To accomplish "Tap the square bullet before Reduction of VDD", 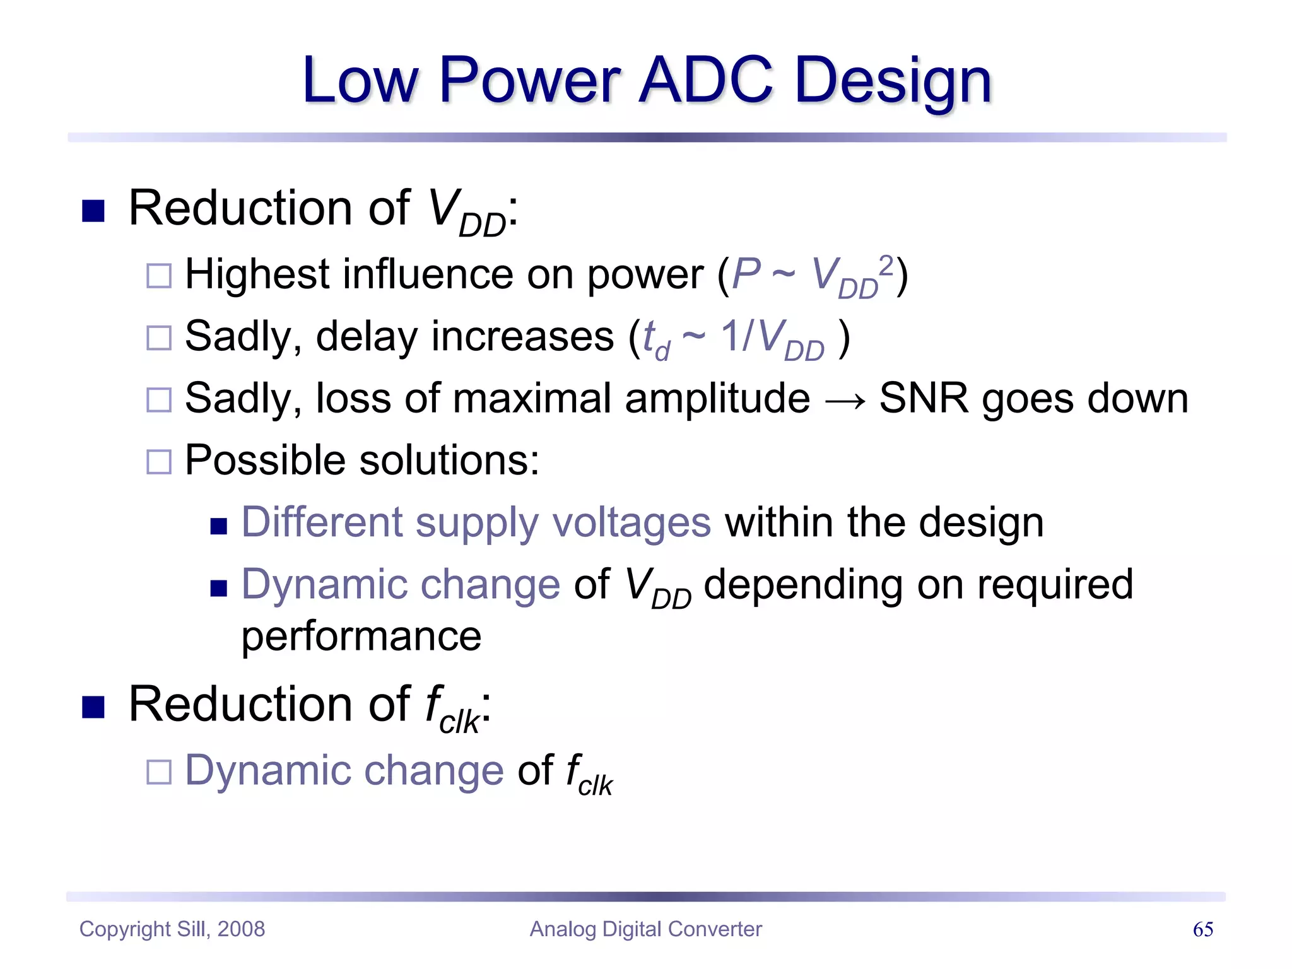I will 93,211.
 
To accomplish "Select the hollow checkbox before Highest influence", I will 159,276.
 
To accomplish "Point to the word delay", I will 366,336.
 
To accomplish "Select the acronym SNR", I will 924,399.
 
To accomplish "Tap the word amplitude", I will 717,399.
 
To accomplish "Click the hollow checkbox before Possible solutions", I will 159,462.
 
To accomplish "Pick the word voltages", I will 631,523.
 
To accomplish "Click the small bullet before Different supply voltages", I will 218,526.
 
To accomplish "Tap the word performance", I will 361,637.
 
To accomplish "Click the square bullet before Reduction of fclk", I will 93,707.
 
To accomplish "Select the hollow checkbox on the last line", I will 159,772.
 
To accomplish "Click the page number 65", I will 1202,929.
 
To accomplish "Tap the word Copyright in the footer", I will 125,929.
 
